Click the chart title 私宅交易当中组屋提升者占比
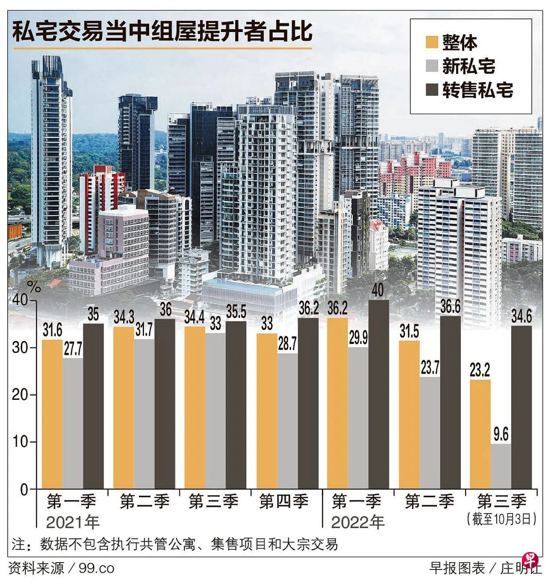coord(162,32)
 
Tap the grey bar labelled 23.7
coord(430,432)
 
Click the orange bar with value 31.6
coord(52,414)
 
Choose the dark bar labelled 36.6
coord(450,402)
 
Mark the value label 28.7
coord(287,344)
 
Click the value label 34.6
coord(521,317)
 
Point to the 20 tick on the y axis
coord(22,395)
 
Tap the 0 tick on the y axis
coord(24,489)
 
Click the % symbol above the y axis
coord(34,287)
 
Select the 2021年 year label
coord(73,522)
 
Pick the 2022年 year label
coord(358,522)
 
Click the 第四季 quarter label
coord(284,501)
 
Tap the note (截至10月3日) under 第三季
coord(502,518)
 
